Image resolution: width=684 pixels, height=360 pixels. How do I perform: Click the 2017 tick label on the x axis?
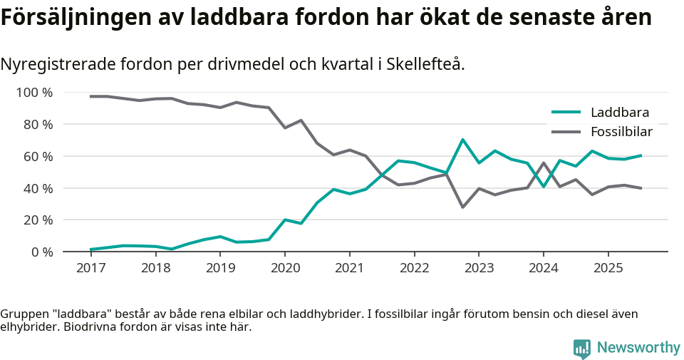90,269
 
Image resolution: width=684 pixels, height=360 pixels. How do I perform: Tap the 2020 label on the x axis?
284,269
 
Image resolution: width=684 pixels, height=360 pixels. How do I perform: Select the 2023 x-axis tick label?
478,269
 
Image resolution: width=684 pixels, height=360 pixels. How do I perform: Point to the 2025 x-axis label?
608,269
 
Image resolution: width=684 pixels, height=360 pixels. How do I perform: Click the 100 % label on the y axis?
34,93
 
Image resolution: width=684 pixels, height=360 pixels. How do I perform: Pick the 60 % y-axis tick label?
38,156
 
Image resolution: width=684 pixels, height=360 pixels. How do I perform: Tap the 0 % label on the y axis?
41,252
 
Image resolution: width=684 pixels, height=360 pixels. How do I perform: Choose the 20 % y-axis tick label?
38,220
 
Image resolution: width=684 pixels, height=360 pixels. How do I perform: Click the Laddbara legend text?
619,113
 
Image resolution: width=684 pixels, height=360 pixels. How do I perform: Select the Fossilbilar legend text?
621,132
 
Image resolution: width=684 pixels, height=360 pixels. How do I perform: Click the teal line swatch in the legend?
566,113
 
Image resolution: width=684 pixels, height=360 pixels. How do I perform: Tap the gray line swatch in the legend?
566,132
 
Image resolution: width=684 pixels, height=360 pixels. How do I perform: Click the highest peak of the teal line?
462,140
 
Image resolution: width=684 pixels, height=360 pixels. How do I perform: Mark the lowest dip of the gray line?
462,207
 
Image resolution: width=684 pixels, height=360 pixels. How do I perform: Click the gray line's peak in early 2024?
544,163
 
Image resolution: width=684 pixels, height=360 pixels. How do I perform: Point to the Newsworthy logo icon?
581,348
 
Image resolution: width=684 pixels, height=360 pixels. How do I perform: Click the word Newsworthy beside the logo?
638,348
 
